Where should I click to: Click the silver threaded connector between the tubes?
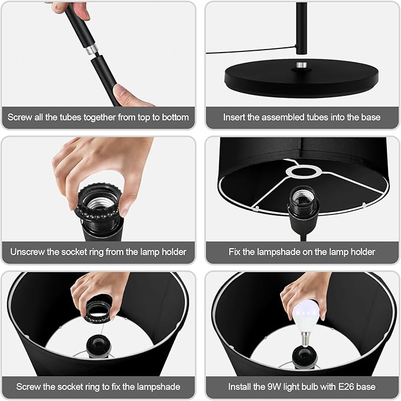tap(92, 50)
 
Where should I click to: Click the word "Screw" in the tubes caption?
tap(20, 118)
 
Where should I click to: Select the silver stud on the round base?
tap(302, 65)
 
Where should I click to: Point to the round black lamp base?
tap(302, 78)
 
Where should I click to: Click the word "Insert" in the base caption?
tap(233, 118)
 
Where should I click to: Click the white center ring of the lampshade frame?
tap(304, 171)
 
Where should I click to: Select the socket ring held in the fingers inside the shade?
tap(99, 310)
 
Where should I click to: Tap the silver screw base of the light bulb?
tap(305, 339)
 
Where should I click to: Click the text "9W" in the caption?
tap(274, 387)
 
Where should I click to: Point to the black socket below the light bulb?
tap(304, 357)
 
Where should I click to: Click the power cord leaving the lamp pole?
tap(251, 50)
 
